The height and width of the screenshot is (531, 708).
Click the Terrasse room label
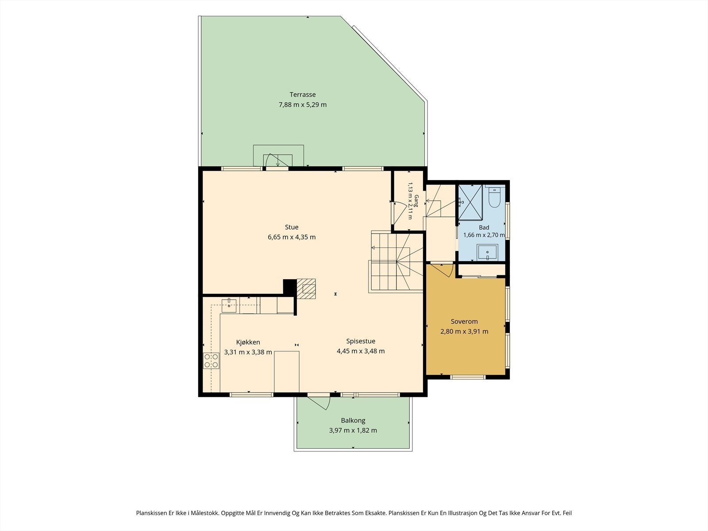tap(303, 94)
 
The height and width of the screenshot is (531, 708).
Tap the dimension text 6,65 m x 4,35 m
tap(292, 237)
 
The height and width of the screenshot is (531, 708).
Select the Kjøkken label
tap(248, 342)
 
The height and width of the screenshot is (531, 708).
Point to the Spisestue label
tap(361, 341)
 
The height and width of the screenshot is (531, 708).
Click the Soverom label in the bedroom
tap(464, 321)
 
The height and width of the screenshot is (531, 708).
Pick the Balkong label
tap(353, 420)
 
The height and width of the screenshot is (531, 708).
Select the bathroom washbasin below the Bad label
tap(487, 252)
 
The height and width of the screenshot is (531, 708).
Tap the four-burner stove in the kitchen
tap(211, 361)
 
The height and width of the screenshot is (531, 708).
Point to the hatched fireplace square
tap(306, 289)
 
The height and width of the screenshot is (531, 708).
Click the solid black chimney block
tap(290, 287)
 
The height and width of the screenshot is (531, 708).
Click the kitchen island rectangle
tap(286, 371)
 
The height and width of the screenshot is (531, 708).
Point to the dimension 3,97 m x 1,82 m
tap(353, 431)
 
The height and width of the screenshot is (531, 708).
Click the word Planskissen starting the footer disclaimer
tap(151, 513)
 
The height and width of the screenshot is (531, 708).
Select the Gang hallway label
tap(416, 200)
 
